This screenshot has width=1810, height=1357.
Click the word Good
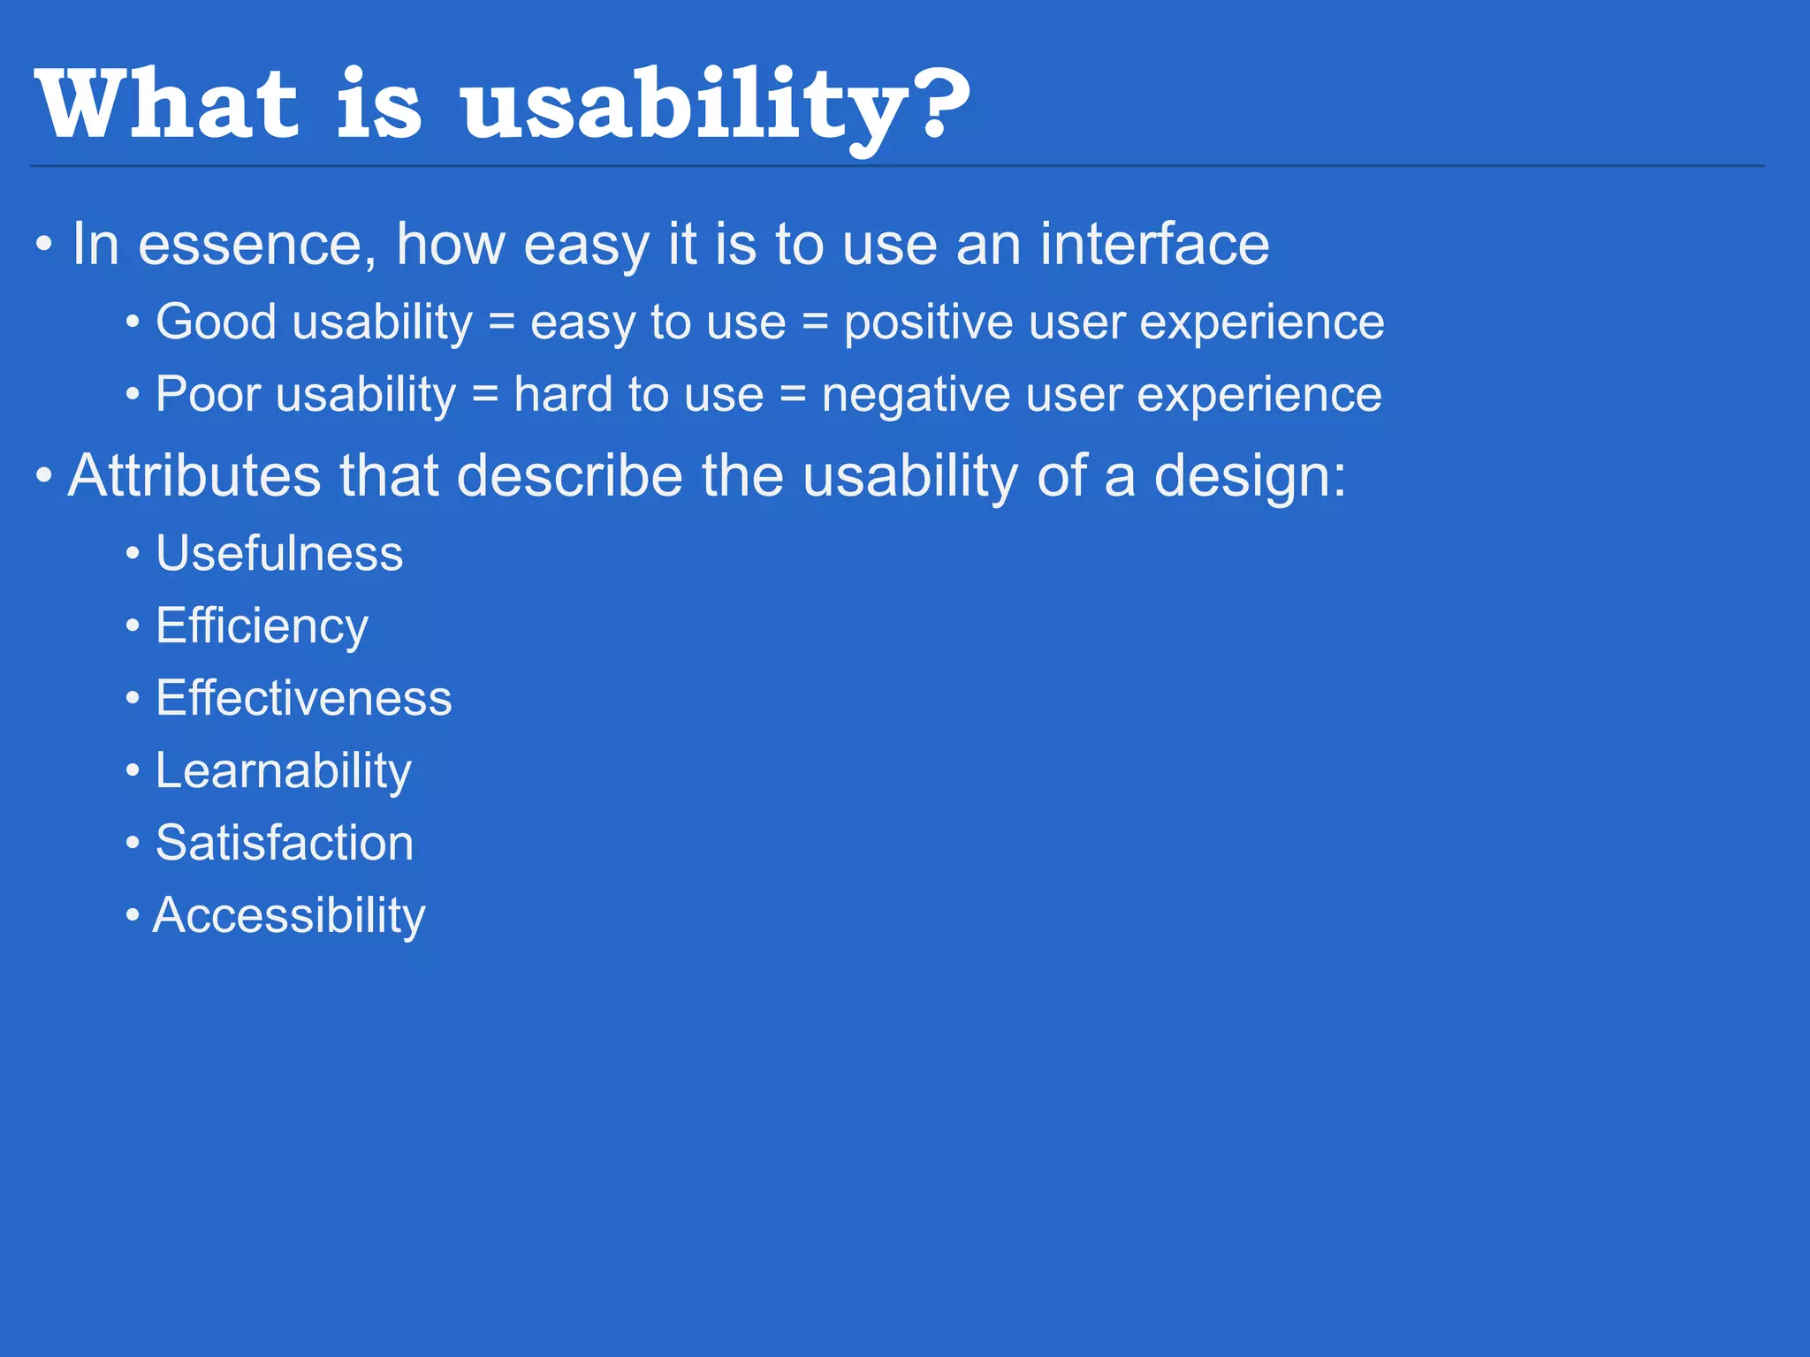[x=217, y=322]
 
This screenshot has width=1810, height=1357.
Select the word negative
[x=916, y=396]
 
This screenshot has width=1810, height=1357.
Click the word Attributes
[x=194, y=476]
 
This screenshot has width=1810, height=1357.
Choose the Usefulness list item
[x=279, y=554]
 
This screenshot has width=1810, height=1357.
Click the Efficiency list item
[x=262, y=627]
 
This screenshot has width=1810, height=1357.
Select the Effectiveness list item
[x=303, y=699]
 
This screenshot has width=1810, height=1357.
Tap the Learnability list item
[x=283, y=772]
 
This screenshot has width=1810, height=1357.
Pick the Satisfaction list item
[x=285, y=843]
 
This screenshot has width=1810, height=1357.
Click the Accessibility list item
[x=289, y=916]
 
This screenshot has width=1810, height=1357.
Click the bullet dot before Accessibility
[x=133, y=915]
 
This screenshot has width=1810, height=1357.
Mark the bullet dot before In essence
[x=44, y=245]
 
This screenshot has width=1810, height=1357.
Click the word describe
[x=570, y=476]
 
